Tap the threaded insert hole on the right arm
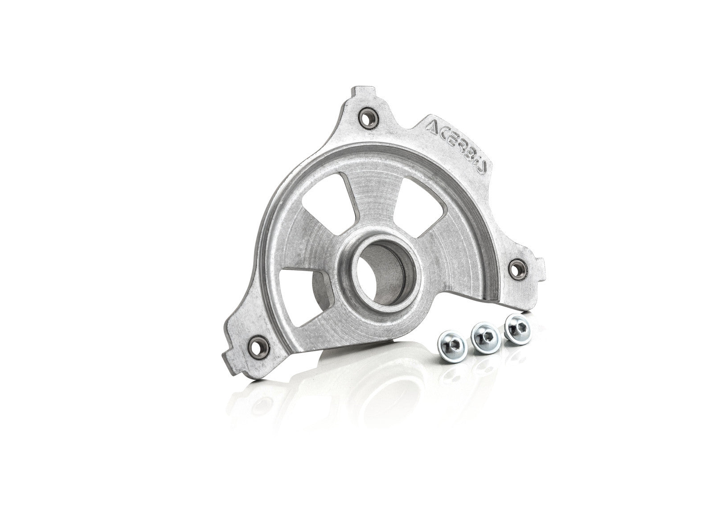tap(516, 268)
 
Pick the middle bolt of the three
tap(484, 332)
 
